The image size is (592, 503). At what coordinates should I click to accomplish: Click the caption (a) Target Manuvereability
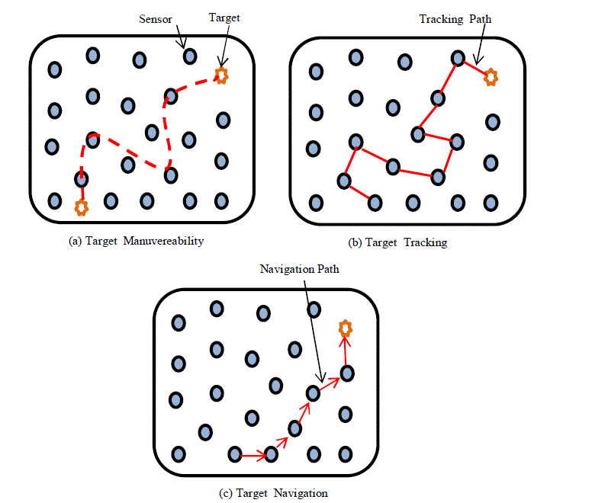click(137, 241)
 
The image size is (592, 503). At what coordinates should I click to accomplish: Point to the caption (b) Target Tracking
click(397, 242)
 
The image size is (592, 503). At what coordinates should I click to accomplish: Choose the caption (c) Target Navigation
click(273, 492)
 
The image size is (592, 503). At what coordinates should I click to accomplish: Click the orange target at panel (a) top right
click(220, 75)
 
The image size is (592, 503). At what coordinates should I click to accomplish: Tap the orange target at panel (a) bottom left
click(82, 206)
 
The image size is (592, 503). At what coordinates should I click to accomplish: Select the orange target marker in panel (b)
click(492, 76)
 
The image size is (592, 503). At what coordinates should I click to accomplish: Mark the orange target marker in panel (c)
click(346, 328)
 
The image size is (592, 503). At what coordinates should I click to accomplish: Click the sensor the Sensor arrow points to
click(189, 56)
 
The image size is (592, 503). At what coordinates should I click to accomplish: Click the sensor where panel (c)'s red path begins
click(236, 455)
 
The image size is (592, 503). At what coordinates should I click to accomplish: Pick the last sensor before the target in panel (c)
click(346, 373)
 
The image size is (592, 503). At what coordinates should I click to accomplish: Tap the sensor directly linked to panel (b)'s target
click(458, 57)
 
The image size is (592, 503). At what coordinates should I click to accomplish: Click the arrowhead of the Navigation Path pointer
click(322, 380)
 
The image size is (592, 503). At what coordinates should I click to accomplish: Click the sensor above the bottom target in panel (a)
click(81, 179)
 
